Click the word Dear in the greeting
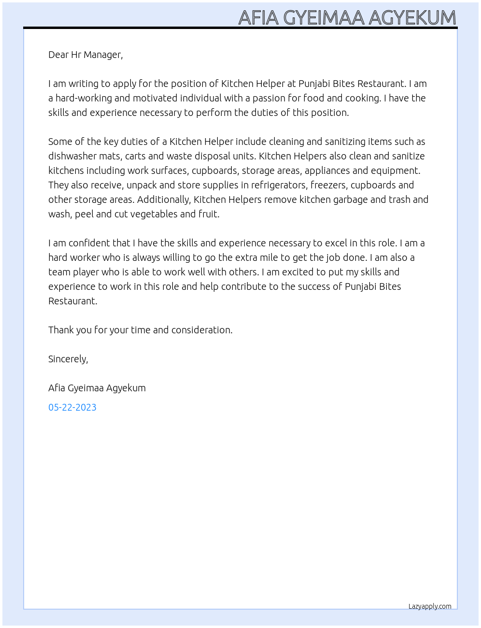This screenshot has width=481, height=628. pos(58,55)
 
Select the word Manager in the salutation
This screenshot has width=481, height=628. pos(103,55)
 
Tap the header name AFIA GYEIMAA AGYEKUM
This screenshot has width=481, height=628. pos(347,17)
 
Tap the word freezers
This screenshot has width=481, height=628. pos(329,185)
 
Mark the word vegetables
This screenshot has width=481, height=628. pos(153,214)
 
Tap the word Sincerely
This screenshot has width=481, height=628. pos(68,359)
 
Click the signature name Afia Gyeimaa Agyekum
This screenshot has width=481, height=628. pos(97,388)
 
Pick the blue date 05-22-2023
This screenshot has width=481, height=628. pos(72,407)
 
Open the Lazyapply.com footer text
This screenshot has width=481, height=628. pos(430,606)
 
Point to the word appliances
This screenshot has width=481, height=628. pos(327,171)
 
